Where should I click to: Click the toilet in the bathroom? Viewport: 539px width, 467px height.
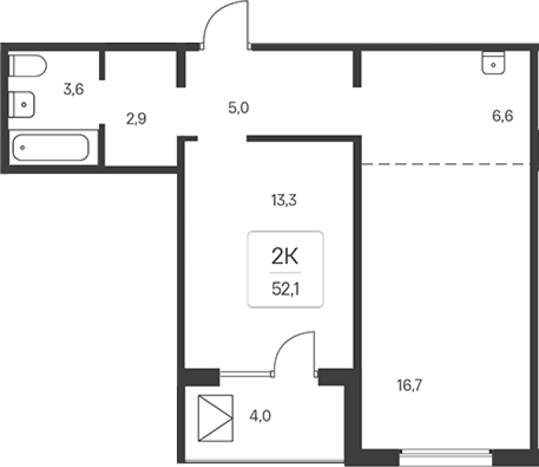[28, 65]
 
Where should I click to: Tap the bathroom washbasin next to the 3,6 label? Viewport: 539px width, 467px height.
[21, 105]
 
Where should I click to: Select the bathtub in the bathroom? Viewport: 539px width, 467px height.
[50, 147]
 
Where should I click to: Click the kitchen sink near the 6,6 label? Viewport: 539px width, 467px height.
[493, 63]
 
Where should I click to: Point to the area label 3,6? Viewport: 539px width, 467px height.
[73, 90]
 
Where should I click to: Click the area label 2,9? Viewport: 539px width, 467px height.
[136, 119]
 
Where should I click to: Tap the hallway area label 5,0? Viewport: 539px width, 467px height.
[238, 108]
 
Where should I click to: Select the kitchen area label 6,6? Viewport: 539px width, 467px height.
[503, 116]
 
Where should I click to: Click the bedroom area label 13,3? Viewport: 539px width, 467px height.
[283, 200]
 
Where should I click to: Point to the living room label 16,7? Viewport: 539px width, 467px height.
[409, 385]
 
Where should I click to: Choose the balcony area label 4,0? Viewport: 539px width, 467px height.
[260, 416]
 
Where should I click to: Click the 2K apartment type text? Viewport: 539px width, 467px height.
[285, 257]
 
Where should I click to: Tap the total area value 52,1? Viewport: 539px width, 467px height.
[286, 289]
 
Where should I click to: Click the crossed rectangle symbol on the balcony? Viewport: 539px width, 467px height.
[216, 418]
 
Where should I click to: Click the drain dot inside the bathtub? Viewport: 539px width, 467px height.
[22, 147]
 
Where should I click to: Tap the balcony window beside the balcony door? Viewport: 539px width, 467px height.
[246, 374]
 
